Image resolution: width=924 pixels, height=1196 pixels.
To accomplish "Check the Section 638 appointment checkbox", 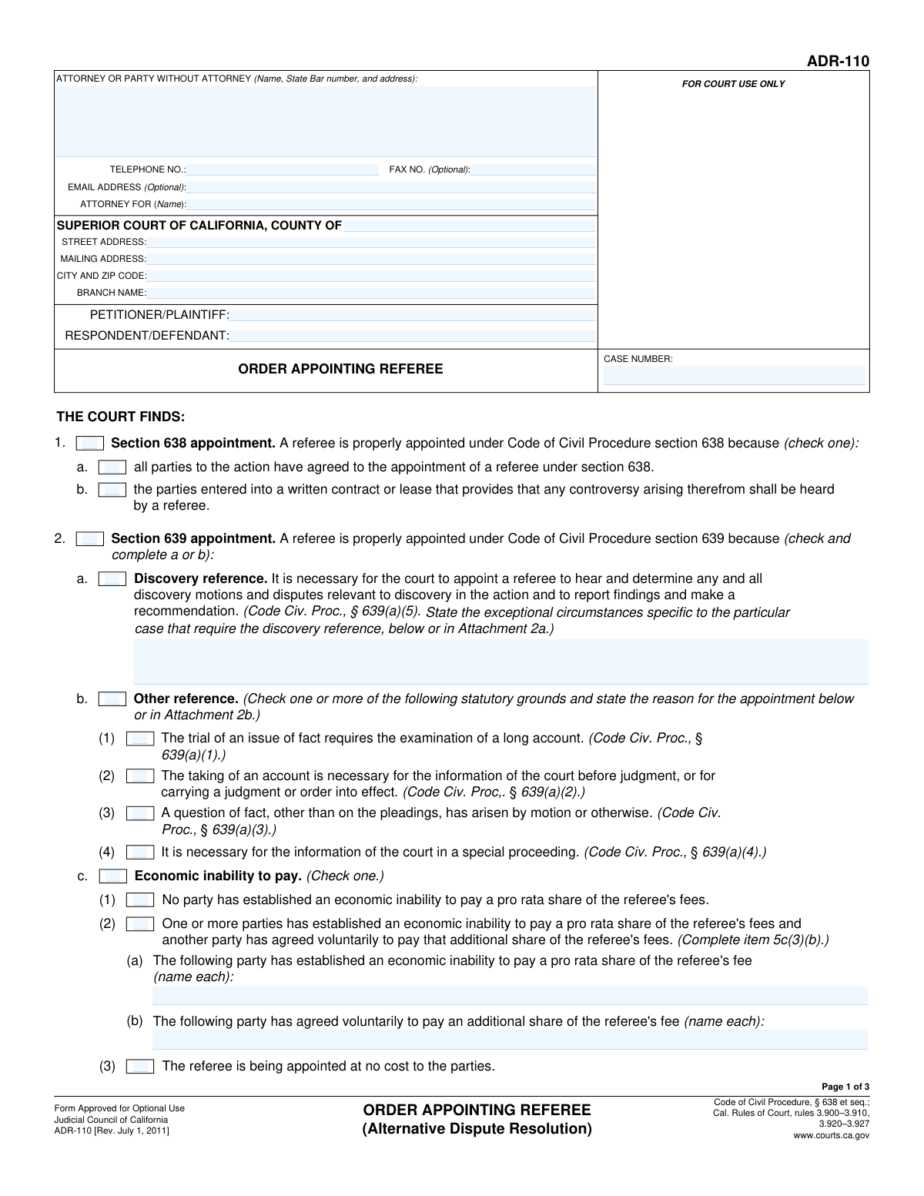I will pos(90,444).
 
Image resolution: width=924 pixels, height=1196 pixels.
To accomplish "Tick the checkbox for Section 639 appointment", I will pos(90,539).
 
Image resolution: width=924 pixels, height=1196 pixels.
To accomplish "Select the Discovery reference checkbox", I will pos(112,579).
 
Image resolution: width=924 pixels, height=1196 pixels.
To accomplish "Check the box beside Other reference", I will pos(112,699).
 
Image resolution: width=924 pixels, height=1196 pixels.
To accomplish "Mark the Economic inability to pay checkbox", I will pos(113,876).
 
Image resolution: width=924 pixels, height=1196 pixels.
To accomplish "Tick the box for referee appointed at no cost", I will pos(140,1067).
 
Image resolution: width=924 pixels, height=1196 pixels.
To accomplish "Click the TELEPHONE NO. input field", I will pos(283,169).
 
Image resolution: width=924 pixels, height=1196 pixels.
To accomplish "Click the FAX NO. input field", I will pos(533,169).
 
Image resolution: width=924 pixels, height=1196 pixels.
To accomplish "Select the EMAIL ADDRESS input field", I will pos(391,187).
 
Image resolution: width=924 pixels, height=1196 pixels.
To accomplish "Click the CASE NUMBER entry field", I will pos(734,376).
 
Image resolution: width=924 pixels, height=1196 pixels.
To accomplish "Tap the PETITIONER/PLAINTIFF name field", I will pos(413,315).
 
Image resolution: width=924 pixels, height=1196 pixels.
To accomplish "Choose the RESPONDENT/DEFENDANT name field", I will pos(413,336).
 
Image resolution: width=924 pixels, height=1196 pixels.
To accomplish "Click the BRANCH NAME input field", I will pos(371,293).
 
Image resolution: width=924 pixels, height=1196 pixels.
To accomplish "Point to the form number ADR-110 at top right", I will pos(838,62).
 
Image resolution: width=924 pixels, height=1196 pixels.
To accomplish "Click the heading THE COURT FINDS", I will pos(121,417).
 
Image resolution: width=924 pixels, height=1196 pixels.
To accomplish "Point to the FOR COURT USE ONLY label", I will pos(733,84).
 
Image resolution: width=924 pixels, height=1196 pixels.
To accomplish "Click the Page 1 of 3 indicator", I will pos(845,1087).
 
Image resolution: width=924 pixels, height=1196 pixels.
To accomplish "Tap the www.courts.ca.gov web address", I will pos(831,1135).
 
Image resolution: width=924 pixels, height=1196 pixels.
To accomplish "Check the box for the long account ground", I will pos(140,739).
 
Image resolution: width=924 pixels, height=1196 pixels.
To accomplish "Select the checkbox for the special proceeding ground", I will pos(140,853).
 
